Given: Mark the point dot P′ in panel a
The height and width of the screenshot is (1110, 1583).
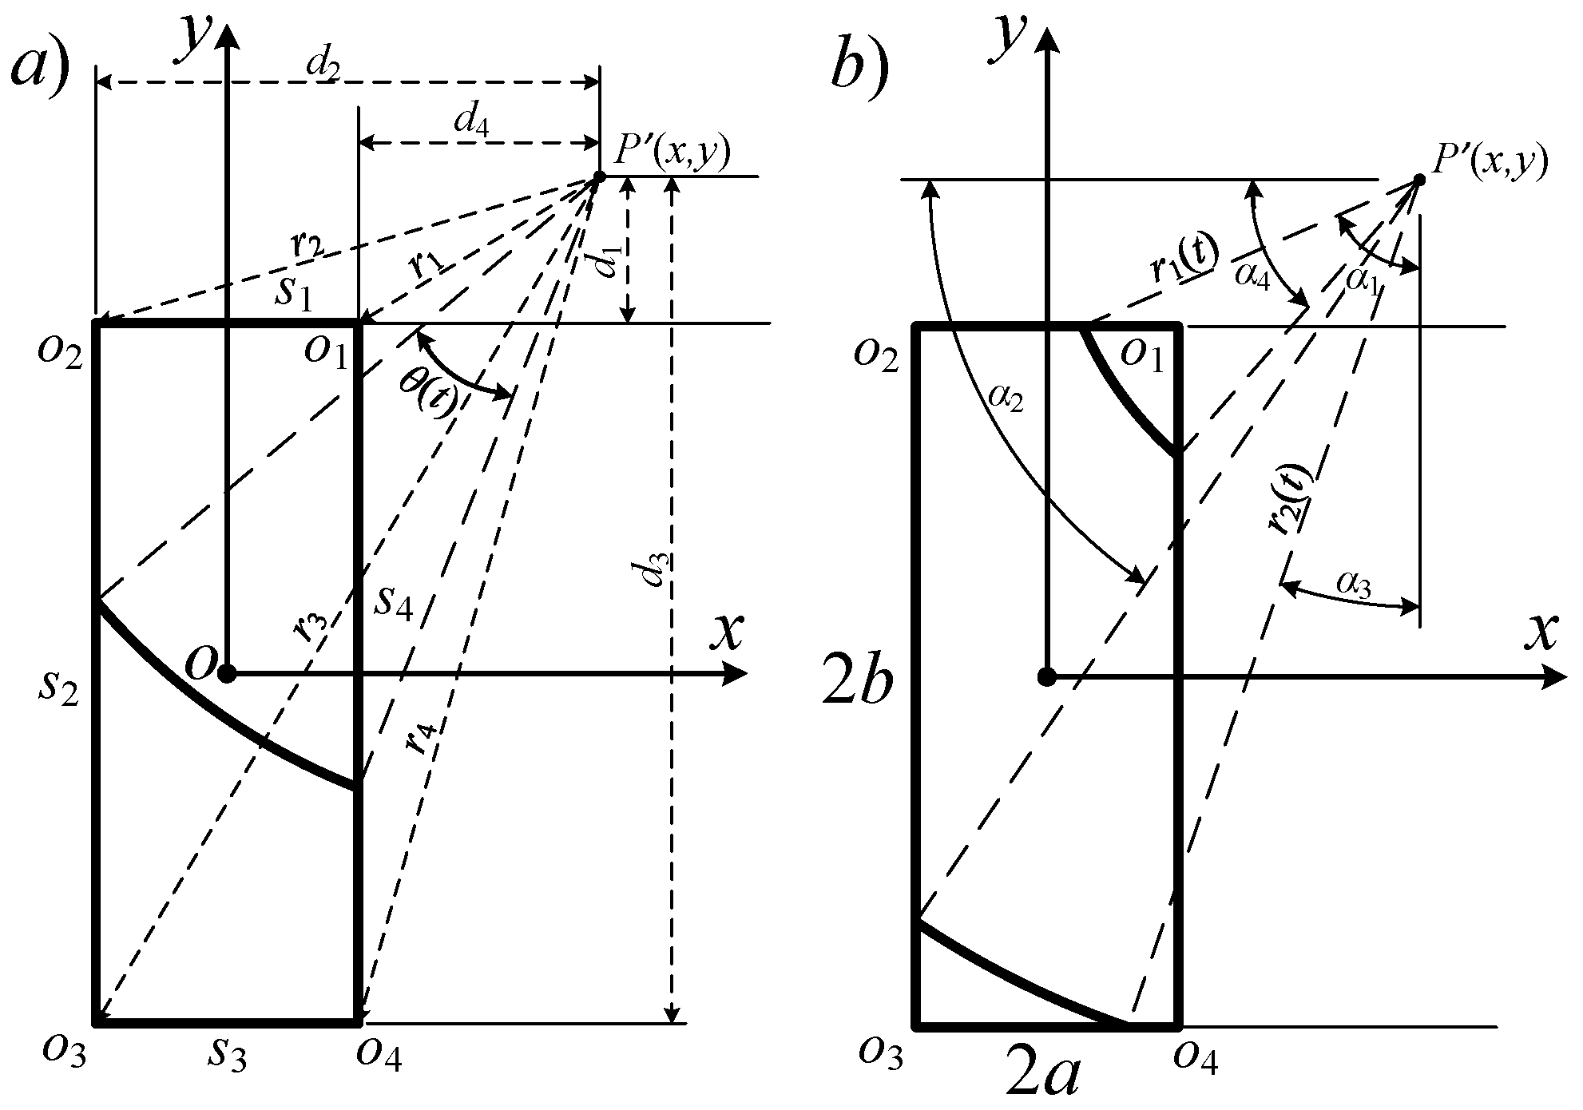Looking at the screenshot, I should (598, 176).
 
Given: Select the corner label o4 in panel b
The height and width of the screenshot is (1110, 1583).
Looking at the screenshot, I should (1196, 1058).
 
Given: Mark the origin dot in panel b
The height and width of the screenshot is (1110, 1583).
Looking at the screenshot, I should (1046, 678).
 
